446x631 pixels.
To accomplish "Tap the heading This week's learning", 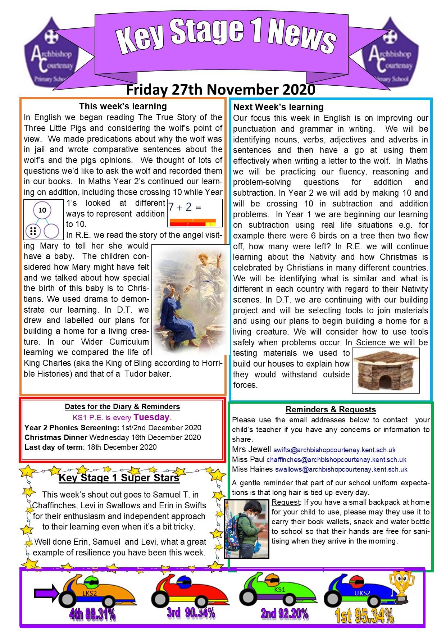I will tap(123, 106).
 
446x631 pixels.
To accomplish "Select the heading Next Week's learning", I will tap(278, 107).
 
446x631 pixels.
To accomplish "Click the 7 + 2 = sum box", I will tap(195, 213).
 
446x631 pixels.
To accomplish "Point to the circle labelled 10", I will tap(42, 210).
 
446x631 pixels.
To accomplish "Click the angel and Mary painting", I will tap(191, 299).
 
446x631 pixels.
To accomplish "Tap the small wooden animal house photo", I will tap(386, 370).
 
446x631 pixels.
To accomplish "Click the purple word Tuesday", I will tap(151, 417).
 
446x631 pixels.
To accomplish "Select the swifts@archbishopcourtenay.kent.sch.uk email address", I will tap(334, 450).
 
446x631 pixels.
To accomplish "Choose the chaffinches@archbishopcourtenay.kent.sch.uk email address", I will tap(336, 459).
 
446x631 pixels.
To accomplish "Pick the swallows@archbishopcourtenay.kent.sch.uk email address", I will tap(341, 469).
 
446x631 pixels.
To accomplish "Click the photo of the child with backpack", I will tap(247, 528).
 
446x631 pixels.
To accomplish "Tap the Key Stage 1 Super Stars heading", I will tap(119, 478).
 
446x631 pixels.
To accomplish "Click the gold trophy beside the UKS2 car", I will tap(402, 586).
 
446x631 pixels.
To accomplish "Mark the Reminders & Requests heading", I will tap(331, 409).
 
